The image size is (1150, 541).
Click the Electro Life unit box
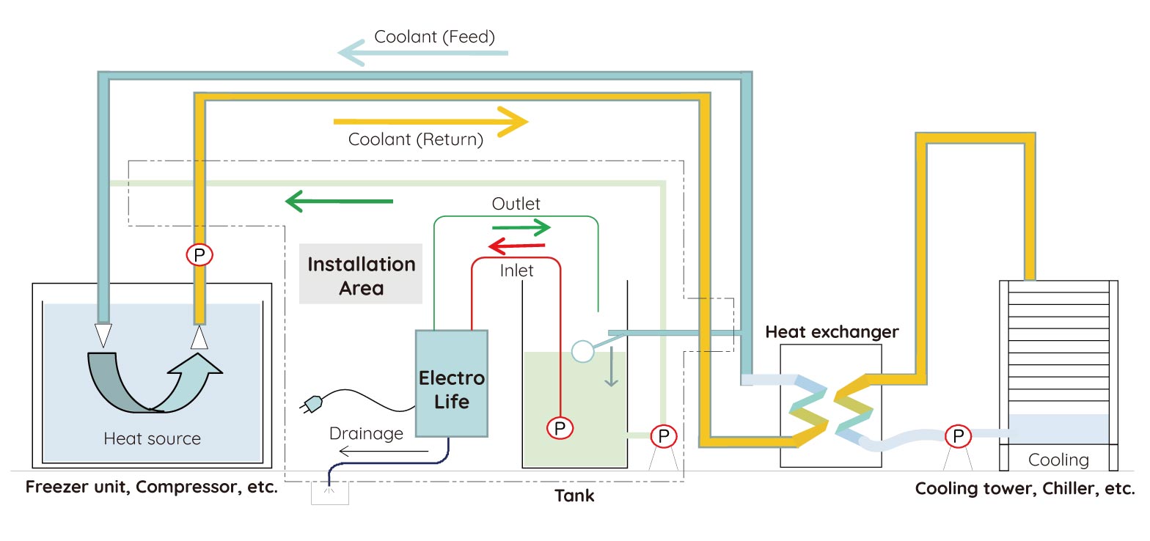451,384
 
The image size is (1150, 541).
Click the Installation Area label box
361,274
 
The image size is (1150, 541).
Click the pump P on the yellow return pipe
199,254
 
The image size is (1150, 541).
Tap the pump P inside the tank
560,427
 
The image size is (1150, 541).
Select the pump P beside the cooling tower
957,436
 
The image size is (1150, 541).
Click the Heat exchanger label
832,332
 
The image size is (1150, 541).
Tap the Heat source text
152,439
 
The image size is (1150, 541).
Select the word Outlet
516,204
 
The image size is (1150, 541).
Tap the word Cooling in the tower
1058,460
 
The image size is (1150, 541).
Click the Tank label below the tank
574,496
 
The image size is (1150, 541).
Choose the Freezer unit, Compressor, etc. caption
152,487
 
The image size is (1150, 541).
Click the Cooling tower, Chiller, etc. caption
1025,489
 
